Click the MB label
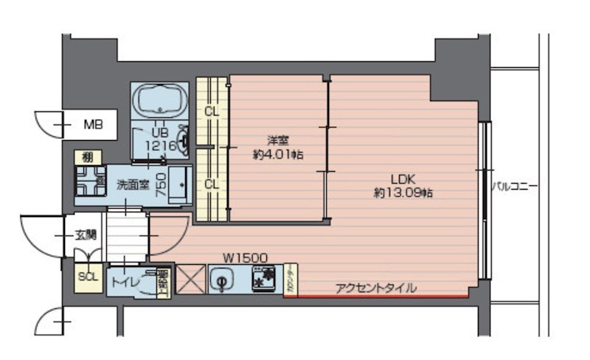92,124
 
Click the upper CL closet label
211,113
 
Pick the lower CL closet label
211,184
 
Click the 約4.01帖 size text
278,155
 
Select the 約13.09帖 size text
403,193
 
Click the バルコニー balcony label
515,187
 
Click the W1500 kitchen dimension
246,258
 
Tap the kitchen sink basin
221,280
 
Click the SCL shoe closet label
88,277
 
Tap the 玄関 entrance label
85,235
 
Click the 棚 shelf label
87,157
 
